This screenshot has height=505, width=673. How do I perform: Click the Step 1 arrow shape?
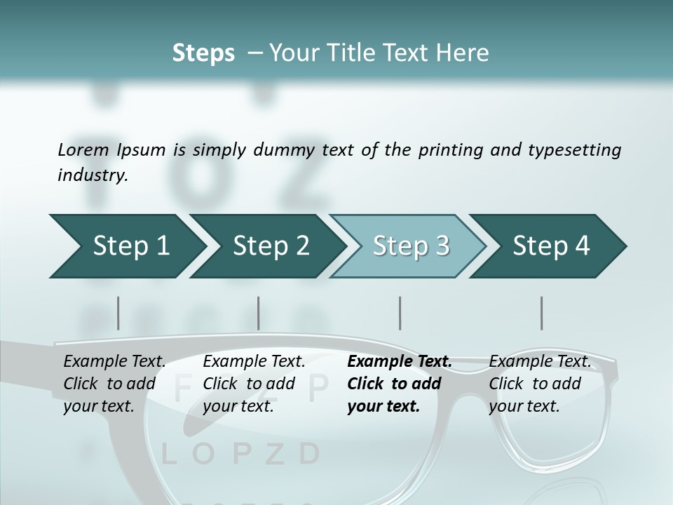pyautogui.click(x=126, y=246)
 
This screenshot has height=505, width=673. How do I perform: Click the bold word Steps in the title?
pyautogui.click(x=203, y=53)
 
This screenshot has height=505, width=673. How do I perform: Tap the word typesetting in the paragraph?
pyautogui.click(x=574, y=149)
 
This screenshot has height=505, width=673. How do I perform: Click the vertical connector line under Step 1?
pyautogui.click(x=118, y=313)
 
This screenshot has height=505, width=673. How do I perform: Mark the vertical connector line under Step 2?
pyautogui.click(x=259, y=313)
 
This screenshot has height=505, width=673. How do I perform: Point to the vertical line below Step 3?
pyautogui.click(x=400, y=313)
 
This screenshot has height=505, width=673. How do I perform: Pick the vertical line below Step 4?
pyautogui.click(x=542, y=313)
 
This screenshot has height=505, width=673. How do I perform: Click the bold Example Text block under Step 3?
pyautogui.click(x=399, y=384)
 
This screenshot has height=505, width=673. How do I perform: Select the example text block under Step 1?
pyautogui.click(x=114, y=384)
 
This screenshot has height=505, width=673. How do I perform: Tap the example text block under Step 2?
pyautogui.click(x=254, y=384)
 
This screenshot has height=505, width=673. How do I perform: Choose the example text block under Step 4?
pyautogui.click(x=539, y=384)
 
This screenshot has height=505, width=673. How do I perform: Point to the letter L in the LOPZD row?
pyautogui.click(x=169, y=454)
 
